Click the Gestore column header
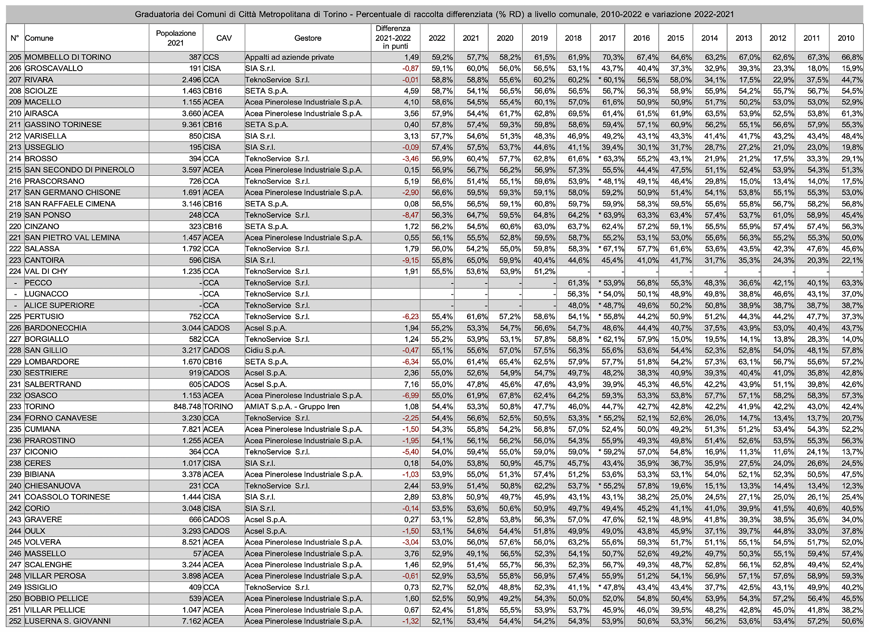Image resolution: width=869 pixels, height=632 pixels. (308, 38)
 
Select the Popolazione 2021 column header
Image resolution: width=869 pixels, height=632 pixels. (176, 38)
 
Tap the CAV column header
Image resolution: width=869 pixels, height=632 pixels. (224, 38)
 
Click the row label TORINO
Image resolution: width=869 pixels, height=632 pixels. (40, 407)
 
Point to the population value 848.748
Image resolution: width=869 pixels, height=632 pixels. (187, 407)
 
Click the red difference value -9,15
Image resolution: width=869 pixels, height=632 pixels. (411, 260)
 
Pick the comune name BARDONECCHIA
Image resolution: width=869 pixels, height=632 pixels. (56, 328)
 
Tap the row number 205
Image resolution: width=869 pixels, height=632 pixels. (15, 57)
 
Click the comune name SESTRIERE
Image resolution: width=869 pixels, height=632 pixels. (46, 373)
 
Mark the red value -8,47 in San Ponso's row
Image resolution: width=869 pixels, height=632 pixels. (411, 215)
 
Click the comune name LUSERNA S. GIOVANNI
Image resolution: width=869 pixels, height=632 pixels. (67, 621)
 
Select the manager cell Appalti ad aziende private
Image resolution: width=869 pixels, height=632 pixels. (289, 57)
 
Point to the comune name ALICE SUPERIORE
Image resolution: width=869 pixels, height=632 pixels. (60, 305)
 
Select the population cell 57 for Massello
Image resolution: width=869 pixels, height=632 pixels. (197, 554)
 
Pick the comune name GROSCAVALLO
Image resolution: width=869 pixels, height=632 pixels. (54, 68)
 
